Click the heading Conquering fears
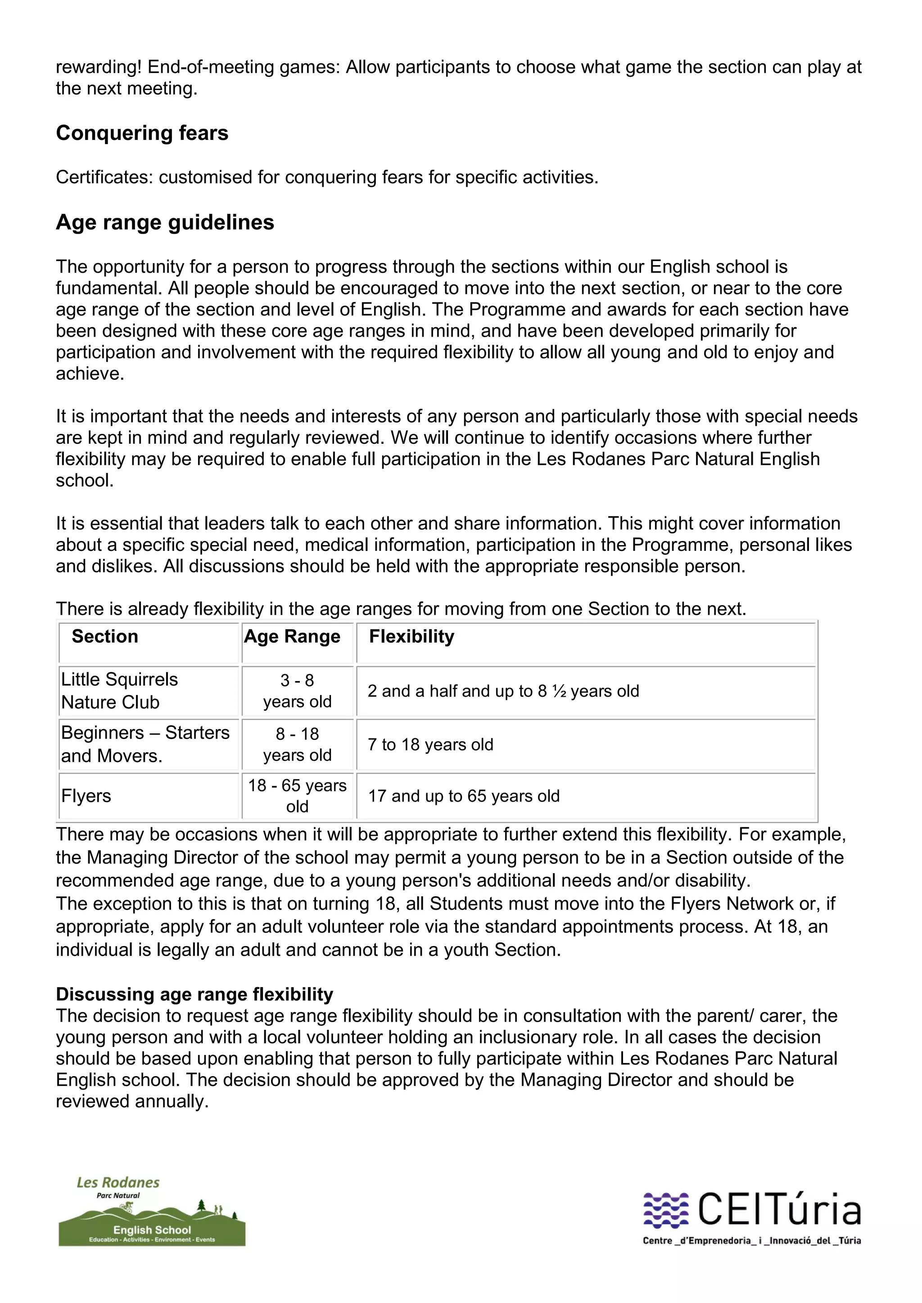coord(142,133)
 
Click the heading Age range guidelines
coord(165,222)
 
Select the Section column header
coord(105,637)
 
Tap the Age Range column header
coord(292,637)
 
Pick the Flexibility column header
coord(411,637)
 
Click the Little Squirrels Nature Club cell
coord(119,691)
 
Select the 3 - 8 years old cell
coord(297,691)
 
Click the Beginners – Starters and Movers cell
coord(145,744)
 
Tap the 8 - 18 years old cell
coord(297,744)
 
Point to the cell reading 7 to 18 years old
coord(430,744)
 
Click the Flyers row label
coord(86,796)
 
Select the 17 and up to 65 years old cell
coord(464,796)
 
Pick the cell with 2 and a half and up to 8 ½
coord(503,691)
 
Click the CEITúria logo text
coord(778,1210)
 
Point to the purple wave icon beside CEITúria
coord(665,1210)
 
